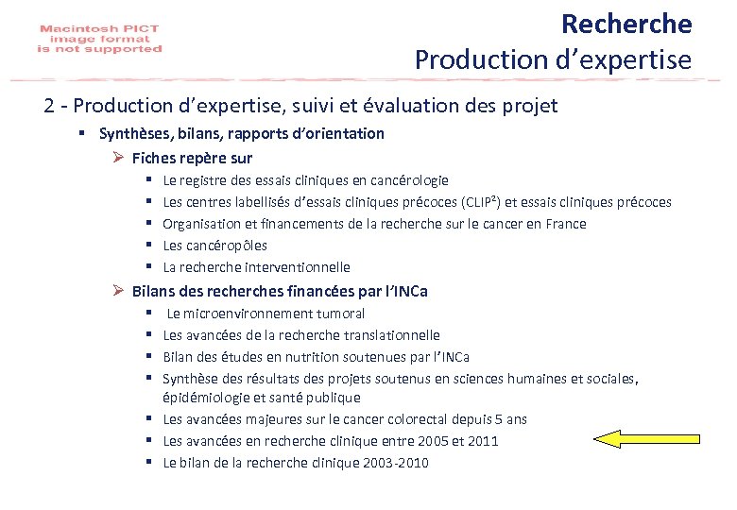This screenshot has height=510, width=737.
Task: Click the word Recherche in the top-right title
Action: point(626,23)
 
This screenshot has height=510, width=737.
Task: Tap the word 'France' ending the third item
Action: point(565,224)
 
